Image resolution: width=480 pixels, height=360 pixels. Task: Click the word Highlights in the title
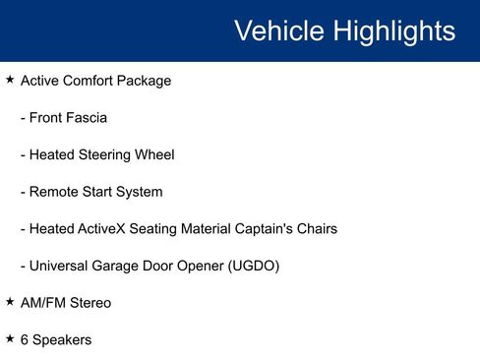coord(393,30)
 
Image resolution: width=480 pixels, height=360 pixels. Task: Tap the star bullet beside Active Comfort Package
coord(10,80)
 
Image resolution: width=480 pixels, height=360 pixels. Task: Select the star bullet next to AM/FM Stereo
coord(10,302)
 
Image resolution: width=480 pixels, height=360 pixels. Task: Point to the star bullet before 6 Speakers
coord(10,339)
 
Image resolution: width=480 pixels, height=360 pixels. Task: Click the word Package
coord(143,81)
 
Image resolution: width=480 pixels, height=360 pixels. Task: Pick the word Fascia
coord(87,118)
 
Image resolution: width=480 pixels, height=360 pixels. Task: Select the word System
coord(139,192)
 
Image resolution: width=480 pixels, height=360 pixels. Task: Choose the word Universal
coord(61,266)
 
